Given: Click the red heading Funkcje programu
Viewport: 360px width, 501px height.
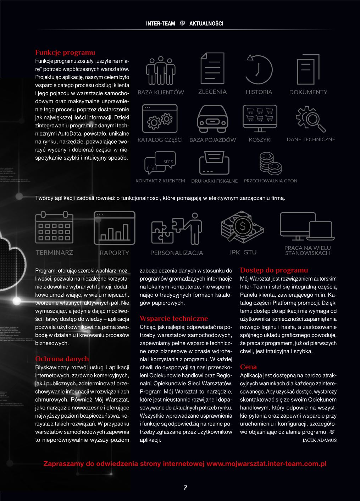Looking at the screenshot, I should click(65, 53).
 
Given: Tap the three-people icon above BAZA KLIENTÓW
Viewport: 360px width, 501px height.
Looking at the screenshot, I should click(161, 70).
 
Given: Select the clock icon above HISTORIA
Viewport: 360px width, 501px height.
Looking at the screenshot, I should click(259, 69).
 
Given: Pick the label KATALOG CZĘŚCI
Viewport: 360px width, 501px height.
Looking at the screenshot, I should click(160, 140).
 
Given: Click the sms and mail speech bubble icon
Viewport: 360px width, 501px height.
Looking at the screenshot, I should click(160, 163).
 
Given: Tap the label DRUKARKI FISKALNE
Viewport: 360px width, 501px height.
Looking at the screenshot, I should click(214, 181).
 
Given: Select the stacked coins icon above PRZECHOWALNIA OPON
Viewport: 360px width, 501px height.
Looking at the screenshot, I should click(270, 163).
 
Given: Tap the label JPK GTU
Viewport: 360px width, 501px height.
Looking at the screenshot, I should click(243, 252).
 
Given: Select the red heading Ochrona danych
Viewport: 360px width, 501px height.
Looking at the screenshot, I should click(62, 359).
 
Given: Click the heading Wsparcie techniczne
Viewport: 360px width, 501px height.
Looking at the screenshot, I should click(174, 319).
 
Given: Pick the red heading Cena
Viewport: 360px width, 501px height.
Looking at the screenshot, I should click(248, 367).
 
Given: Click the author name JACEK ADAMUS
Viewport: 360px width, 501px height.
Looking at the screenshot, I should click(319, 440).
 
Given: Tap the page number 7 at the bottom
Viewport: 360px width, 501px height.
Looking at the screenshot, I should click(185, 488).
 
